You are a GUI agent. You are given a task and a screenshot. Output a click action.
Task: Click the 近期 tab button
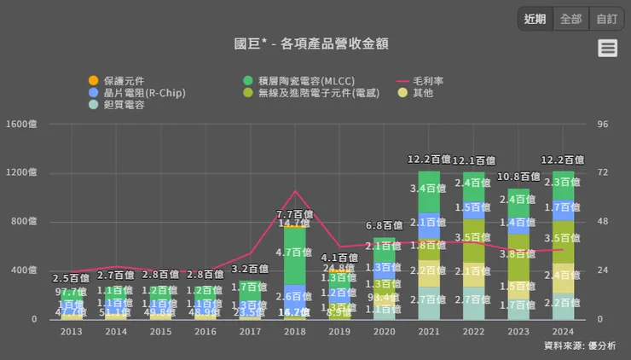pos(535,19)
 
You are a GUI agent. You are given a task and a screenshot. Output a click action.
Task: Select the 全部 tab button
pos(570,19)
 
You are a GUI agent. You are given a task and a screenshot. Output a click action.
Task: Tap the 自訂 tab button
pos(606,19)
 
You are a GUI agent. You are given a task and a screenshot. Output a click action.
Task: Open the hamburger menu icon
pos(608,48)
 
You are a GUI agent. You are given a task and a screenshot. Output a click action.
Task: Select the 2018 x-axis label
pos(294,331)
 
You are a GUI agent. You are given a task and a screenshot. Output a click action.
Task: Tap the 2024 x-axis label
pos(563,331)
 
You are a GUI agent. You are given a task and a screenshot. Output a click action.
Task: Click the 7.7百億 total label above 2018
pos(294,214)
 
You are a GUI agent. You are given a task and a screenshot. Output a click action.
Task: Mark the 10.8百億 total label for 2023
pos(518,177)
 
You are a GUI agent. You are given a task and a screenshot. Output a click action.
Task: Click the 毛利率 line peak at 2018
pos(294,191)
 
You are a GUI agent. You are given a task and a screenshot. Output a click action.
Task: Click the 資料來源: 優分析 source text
pos(579,345)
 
